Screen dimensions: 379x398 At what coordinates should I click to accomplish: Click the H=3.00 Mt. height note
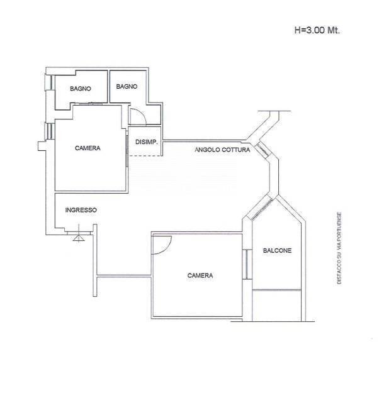coord(317,30)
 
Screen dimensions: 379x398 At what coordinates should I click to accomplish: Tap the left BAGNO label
coord(81,89)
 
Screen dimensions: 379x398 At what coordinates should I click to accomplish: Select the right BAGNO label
coord(127,87)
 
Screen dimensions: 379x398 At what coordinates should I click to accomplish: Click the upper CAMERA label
coord(88,148)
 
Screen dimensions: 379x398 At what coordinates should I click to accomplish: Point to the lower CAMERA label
coord(200,275)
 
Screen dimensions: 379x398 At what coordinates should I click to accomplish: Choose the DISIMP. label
coord(147,142)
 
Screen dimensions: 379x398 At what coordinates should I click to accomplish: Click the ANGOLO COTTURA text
coord(222,150)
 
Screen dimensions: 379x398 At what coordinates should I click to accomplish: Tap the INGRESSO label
coord(81,210)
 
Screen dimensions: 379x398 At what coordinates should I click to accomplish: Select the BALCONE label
coord(277,250)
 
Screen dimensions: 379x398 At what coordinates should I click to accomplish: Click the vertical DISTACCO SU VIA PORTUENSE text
coord(339,248)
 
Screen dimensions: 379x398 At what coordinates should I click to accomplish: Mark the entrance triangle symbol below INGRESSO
coord(79,238)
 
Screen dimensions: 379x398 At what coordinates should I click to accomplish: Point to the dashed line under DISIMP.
coord(145,155)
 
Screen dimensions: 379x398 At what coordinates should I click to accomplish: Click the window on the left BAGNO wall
coord(50,82)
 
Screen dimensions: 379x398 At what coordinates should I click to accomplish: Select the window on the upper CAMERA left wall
coord(49,131)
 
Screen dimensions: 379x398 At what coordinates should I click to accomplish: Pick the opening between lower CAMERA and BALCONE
coord(247,264)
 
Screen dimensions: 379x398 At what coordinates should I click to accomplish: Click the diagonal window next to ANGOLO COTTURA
coord(263,150)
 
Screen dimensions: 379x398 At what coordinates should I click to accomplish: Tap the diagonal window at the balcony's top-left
coord(261,209)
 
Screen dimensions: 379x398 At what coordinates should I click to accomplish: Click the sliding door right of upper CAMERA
coord(127,149)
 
